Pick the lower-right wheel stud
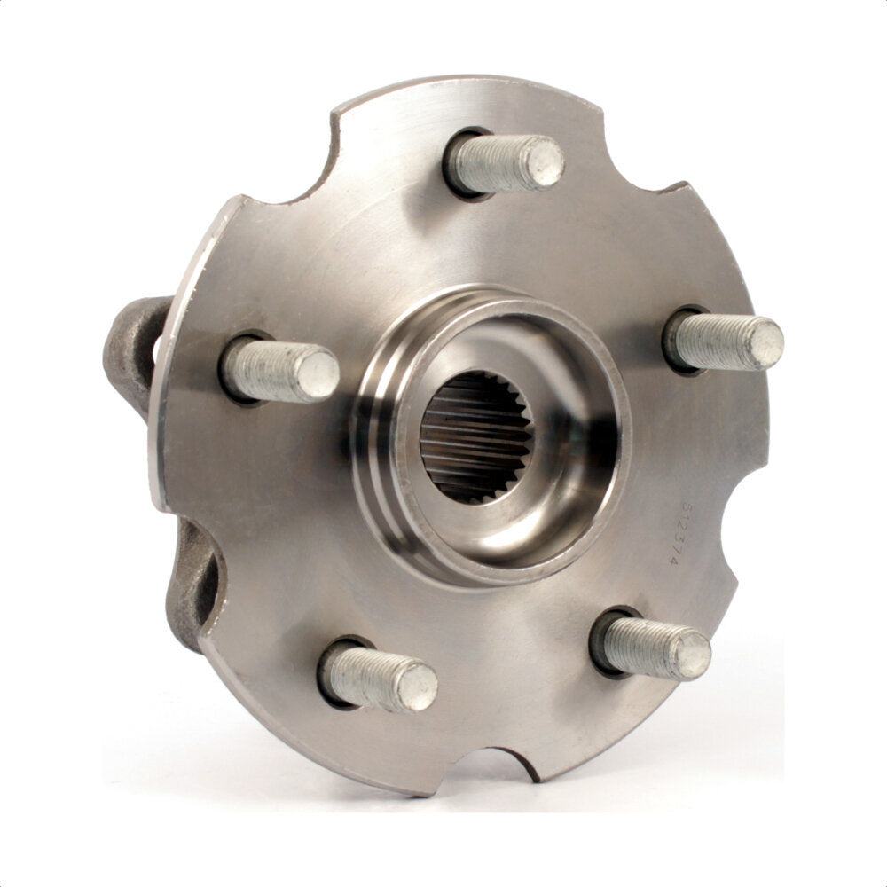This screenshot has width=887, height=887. coord(653,646)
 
